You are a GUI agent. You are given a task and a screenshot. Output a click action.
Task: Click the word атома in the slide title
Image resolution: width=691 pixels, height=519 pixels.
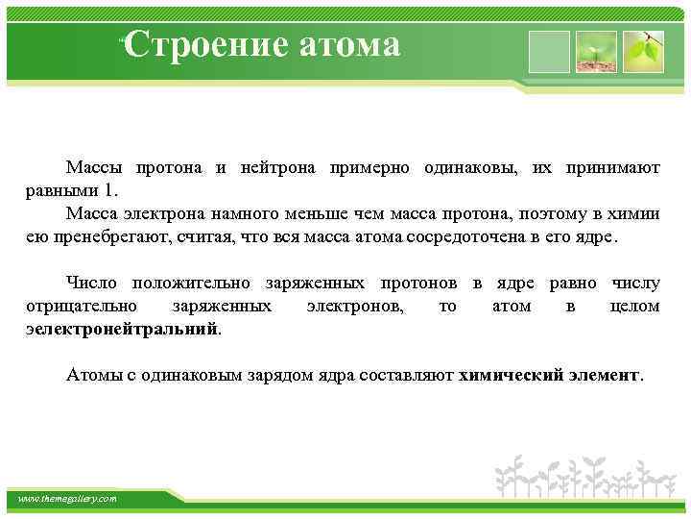click(349, 43)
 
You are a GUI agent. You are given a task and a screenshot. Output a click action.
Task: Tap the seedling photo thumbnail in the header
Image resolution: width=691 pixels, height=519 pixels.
click(596, 51)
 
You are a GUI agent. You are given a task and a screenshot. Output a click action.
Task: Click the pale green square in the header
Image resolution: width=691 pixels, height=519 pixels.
click(550, 51)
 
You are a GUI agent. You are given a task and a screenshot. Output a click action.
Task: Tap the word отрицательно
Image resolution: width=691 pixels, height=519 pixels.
click(82, 306)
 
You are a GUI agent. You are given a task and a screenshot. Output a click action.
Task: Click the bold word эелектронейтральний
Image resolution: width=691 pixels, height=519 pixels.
click(122, 328)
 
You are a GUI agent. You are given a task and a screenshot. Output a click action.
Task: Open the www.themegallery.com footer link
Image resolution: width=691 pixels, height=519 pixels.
click(68, 499)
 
